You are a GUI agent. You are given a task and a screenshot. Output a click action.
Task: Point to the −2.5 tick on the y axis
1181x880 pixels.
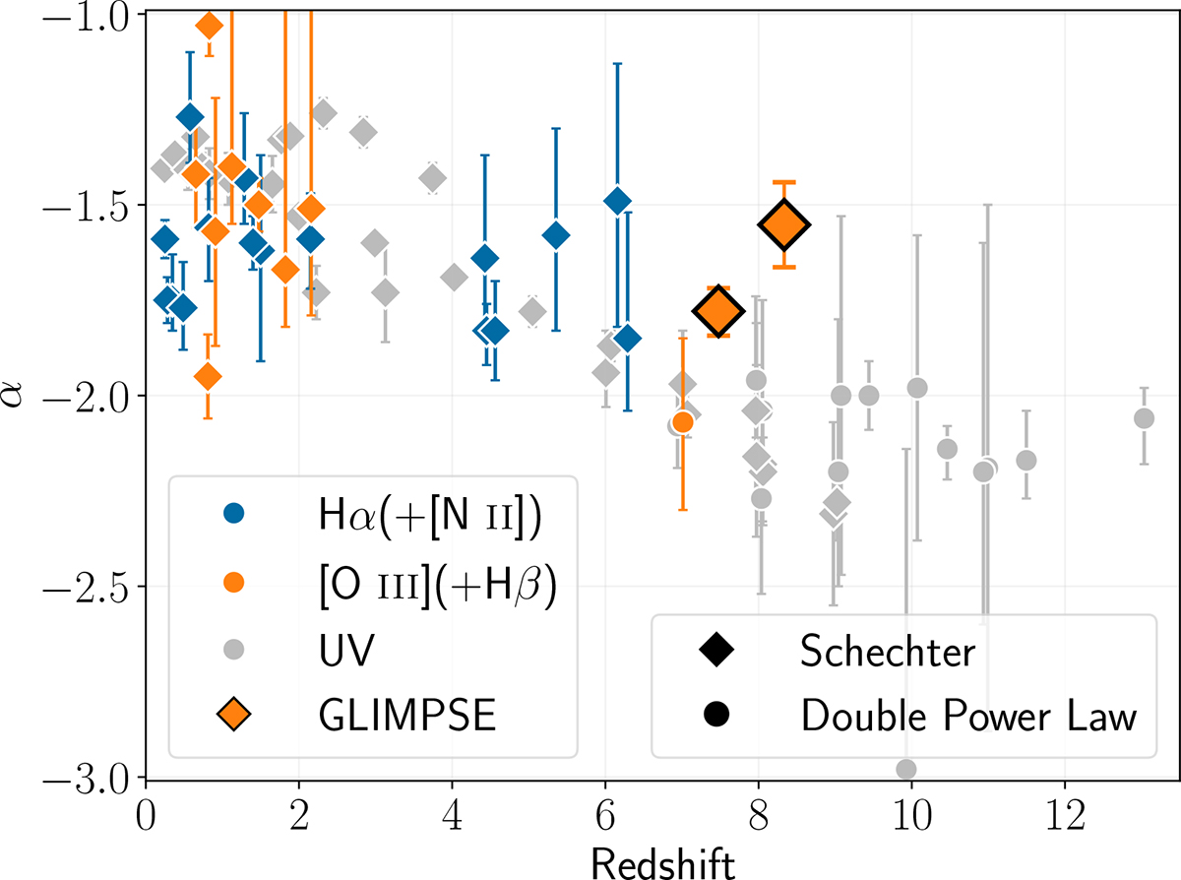pyautogui.click(x=146, y=587)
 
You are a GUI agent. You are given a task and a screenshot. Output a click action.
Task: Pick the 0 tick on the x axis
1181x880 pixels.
pyautogui.click(x=146, y=778)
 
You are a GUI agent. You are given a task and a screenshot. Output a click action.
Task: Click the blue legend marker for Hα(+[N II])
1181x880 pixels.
pyautogui.click(x=233, y=513)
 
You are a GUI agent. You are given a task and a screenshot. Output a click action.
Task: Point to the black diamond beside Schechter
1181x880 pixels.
pyautogui.click(x=715, y=649)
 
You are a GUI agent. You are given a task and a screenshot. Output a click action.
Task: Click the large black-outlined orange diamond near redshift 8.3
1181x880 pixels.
pyautogui.click(x=784, y=225)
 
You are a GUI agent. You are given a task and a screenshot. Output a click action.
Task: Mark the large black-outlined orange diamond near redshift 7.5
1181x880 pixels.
pyautogui.click(x=718, y=311)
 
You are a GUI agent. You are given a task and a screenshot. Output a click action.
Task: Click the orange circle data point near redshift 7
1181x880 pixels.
pyautogui.click(x=683, y=422)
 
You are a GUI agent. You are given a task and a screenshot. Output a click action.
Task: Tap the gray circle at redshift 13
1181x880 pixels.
pyautogui.click(x=1144, y=418)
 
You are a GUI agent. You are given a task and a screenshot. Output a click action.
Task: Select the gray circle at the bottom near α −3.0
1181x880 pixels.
pyautogui.click(x=906, y=769)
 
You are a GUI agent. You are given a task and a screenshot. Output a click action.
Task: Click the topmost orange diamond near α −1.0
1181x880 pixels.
pyautogui.click(x=209, y=26)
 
